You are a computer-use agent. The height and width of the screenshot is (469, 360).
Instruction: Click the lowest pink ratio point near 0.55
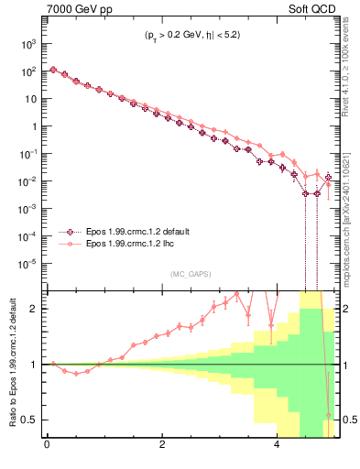point(329,414)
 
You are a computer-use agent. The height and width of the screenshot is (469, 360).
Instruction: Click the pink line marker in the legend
point(67,245)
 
